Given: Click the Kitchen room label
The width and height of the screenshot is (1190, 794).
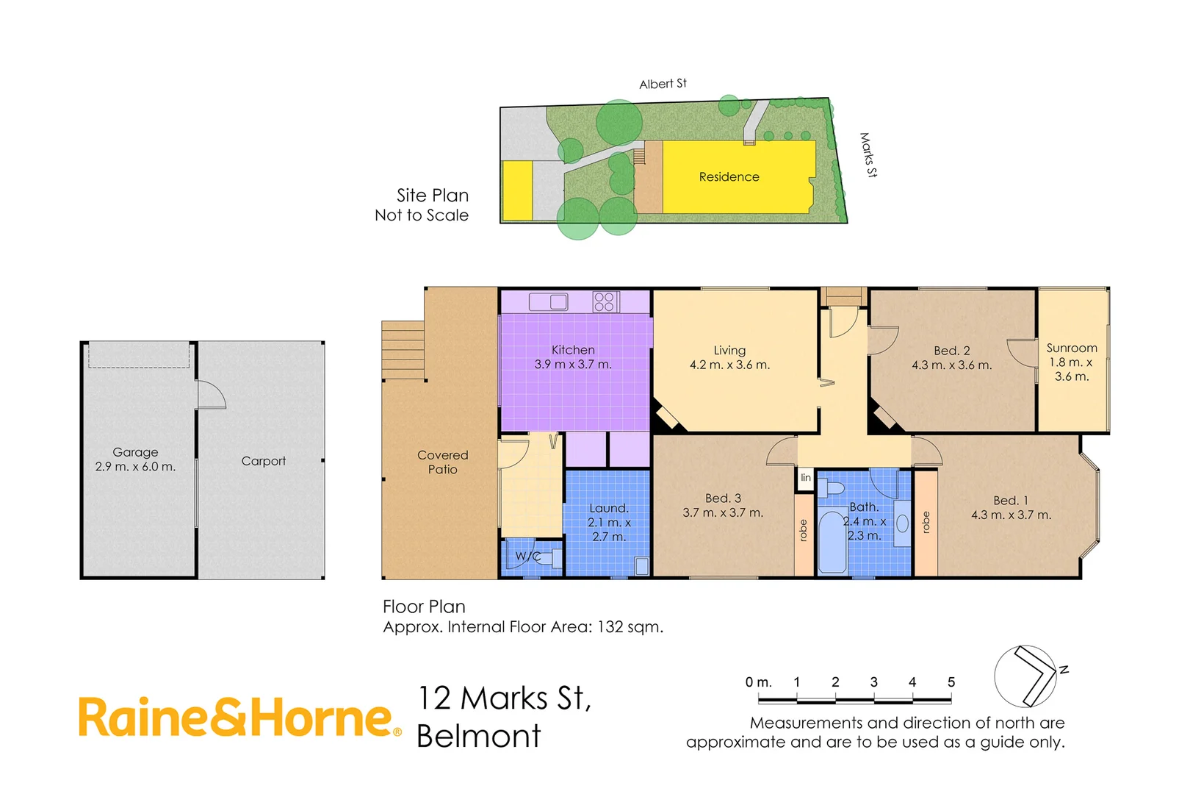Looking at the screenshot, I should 573,351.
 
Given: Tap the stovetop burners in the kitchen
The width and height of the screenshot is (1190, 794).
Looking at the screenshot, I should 605,301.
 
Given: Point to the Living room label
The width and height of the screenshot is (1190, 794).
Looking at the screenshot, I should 729,351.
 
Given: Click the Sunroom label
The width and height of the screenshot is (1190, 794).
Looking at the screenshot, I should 1072,348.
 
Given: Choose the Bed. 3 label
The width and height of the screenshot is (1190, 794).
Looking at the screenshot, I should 723,498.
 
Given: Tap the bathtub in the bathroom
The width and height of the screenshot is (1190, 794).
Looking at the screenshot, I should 832,543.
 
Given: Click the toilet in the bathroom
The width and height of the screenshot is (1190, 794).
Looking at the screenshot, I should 832,488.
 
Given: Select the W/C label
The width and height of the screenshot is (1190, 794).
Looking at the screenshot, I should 527,557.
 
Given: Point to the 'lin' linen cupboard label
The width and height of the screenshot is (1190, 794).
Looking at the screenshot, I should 806,478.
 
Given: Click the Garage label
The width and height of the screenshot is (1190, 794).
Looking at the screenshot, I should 135,452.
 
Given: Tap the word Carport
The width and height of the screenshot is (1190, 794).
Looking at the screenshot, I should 264,461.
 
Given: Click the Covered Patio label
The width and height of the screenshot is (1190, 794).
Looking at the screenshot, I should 442,462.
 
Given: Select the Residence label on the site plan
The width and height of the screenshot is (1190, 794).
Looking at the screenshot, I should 729,177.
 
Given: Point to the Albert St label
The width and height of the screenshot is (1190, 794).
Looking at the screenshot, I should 663,84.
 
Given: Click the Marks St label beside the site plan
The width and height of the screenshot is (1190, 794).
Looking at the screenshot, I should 868,154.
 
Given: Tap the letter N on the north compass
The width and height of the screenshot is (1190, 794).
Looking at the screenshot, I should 1064,669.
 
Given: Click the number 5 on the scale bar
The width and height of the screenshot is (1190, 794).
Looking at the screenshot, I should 951,682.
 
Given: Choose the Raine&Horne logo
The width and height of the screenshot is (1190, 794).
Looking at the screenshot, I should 239,718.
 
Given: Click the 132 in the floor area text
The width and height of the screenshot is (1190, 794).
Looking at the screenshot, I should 610,627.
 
